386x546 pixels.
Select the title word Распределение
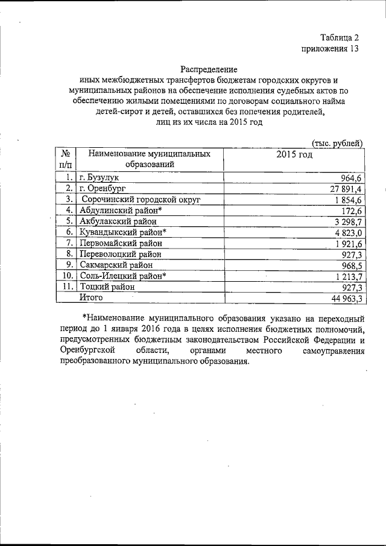click(209, 69)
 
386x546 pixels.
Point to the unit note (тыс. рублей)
click(337, 142)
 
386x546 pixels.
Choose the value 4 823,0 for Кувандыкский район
click(346, 232)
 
